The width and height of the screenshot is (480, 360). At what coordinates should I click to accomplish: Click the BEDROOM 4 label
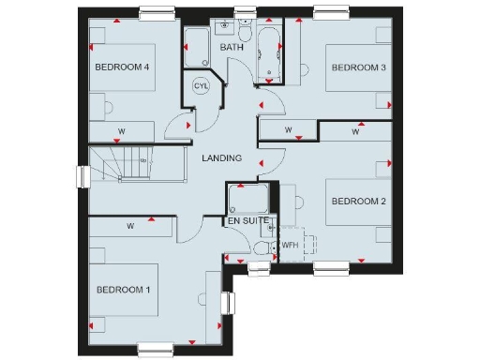click(x=122, y=67)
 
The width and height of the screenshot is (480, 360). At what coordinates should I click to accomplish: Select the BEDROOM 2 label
click(x=359, y=201)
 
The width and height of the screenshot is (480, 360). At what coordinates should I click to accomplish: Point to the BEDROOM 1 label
click(x=123, y=290)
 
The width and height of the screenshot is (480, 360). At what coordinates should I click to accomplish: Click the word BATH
click(x=232, y=47)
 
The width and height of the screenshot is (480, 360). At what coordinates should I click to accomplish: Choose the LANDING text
click(x=222, y=158)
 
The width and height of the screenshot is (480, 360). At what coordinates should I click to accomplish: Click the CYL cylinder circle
click(x=200, y=85)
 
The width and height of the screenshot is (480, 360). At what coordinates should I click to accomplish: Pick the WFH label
click(x=290, y=246)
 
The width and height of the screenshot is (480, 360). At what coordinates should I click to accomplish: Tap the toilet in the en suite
click(x=260, y=249)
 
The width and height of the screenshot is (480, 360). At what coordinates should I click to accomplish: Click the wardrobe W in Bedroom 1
click(x=130, y=226)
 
